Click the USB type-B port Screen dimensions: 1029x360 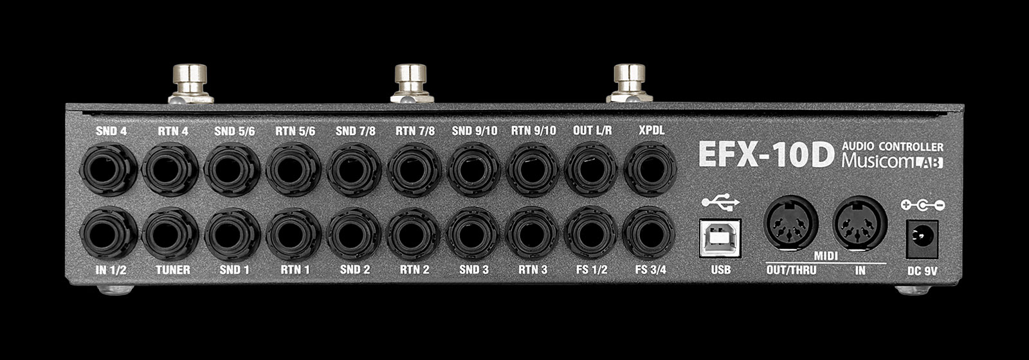720,238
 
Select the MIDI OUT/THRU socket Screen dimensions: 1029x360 790,223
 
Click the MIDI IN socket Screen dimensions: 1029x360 860,223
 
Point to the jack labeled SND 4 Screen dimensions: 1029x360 109,170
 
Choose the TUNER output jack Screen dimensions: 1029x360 170,234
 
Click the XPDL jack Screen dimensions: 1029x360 650,170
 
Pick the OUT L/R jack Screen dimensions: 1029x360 591,170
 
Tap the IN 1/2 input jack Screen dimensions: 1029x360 109,234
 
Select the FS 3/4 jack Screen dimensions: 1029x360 649,233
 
